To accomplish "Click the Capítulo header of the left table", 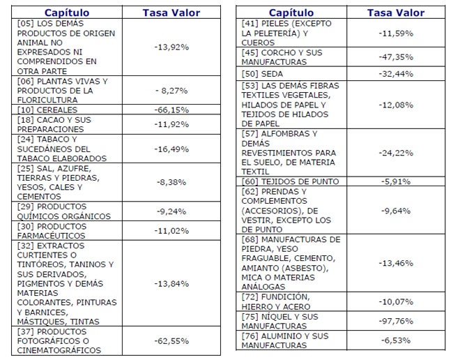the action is pyautogui.click(x=67, y=13).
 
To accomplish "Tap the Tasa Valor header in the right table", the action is pyautogui.click(x=396, y=13).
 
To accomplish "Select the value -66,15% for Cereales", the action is pyautogui.click(x=171, y=110).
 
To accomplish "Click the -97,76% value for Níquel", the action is pyautogui.click(x=396, y=321).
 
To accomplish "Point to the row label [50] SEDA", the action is pyautogui.click(x=262, y=74).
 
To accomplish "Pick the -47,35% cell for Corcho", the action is pyautogui.click(x=396, y=57).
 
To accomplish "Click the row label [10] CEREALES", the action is pyautogui.click(x=47, y=110).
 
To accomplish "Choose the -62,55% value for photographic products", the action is pyautogui.click(x=171, y=341).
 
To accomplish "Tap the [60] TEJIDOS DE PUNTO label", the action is pyautogui.click(x=290, y=181).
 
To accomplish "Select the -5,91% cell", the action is pyautogui.click(x=396, y=181).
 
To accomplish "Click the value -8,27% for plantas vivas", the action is pyautogui.click(x=171, y=91).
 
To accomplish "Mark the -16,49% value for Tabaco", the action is pyautogui.click(x=171, y=149).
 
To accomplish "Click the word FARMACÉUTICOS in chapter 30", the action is pyautogui.click(x=51, y=236).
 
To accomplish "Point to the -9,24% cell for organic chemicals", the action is pyautogui.click(x=171, y=211).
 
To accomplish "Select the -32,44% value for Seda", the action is pyautogui.click(x=396, y=74).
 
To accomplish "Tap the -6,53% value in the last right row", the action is pyautogui.click(x=396, y=340).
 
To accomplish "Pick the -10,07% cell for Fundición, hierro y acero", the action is pyautogui.click(x=396, y=302).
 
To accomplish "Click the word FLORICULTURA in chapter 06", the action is pyautogui.click(x=47, y=100).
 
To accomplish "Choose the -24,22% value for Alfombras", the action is pyautogui.click(x=396, y=153).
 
